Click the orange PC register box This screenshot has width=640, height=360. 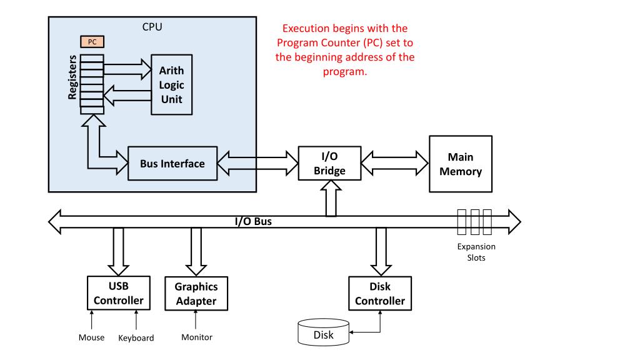pyautogui.click(x=92, y=42)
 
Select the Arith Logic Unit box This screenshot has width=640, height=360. pyautogui.click(x=171, y=84)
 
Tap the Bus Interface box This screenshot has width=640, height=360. pyautogui.click(x=172, y=163)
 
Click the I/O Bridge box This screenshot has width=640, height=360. pyautogui.click(x=329, y=163)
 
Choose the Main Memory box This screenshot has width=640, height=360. pyautogui.click(x=461, y=164)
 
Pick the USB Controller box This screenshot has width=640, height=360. pyautogui.click(x=118, y=293)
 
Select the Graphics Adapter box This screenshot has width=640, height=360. pyautogui.click(x=196, y=294)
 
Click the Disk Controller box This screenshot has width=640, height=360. pyautogui.click(x=379, y=294)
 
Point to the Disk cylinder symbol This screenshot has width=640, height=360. pyautogui.click(x=323, y=332)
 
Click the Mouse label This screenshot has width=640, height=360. pyautogui.click(x=91, y=337)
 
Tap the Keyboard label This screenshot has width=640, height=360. pyautogui.click(x=136, y=338)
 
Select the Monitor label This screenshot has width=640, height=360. pyautogui.click(x=197, y=337)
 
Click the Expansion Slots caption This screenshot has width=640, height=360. pyautogui.click(x=476, y=252)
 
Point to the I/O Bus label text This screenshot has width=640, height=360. pyautogui.click(x=253, y=221)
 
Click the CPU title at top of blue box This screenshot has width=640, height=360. pyautogui.click(x=152, y=27)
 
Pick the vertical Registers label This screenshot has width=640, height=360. pyautogui.click(x=72, y=77)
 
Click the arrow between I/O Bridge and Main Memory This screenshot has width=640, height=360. pyautogui.click(x=395, y=163)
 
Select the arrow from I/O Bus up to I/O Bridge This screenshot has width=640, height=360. pyautogui.click(x=331, y=198)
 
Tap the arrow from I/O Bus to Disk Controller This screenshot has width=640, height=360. pyautogui.click(x=381, y=251)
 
